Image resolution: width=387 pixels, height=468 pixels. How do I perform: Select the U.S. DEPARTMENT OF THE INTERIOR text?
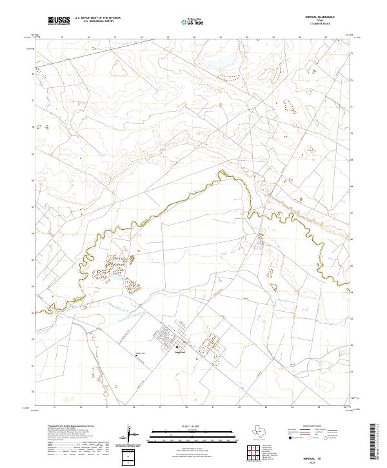click(x=97, y=18)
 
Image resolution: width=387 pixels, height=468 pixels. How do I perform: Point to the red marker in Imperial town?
click(x=177, y=347)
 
